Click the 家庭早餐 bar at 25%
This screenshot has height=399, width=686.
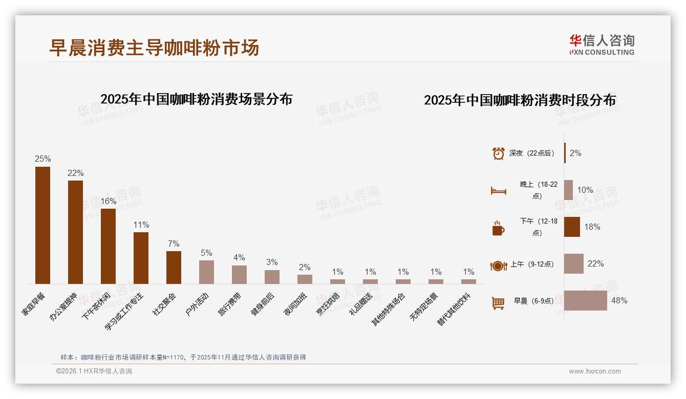[x=42, y=225]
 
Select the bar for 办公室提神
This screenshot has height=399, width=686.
[x=75, y=232]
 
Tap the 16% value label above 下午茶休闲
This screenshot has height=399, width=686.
[x=108, y=202]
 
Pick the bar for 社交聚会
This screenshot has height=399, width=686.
[x=174, y=267]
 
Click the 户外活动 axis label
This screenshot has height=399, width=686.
[x=197, y=304]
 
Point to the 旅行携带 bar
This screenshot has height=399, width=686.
[x=239, y=275]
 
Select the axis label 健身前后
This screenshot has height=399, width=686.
[x=263, y=304]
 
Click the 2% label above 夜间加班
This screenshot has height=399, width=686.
[x=305, y=267]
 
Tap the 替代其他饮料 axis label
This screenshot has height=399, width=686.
[x=456, y=309]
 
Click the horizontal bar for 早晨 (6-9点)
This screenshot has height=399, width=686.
[x=586, y=301]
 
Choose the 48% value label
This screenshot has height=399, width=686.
[x=619, y=301]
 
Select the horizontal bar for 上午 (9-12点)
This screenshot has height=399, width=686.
[x=574, y=264]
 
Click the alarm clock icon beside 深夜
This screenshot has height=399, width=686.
[x=499, y=153]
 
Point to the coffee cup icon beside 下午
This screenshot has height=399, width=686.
[x=498, y=228]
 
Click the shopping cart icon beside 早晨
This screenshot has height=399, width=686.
[x=498, y=303]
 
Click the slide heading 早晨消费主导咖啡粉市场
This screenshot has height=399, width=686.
[x=154, y=48]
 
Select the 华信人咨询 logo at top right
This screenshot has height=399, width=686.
[x=602, y=45]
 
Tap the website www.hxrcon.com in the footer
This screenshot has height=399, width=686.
[x=595, y=371]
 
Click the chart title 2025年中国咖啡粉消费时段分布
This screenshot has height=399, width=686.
[x=520, y=100]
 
